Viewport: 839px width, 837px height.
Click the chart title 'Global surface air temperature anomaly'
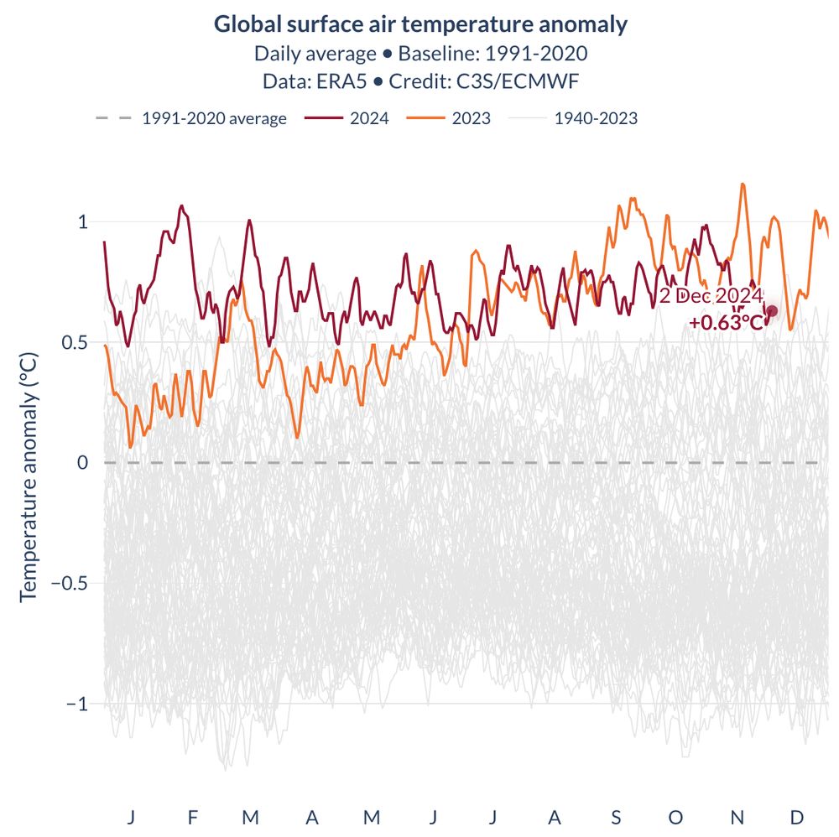pyautogui.click(x=420, y=24)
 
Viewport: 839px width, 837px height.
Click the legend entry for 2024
pyautogui.click(x=368, y=118)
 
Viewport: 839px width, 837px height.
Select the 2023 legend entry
pyautogui.click(x=471, y=118)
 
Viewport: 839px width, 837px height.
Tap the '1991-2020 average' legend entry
pyautogui.click(x=214, y=118)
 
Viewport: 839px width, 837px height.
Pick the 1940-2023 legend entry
pyautogui.click(x=596, y=118)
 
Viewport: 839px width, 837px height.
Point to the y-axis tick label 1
pyautogui.click(x=82, y=222)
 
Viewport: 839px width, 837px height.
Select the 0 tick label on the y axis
pyautogui.click(x=82, y=463)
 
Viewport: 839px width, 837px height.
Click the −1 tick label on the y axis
pyautogui.click(x=77, y=704)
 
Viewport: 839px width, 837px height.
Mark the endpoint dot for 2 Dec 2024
pyautogui.click(x=772, y=311)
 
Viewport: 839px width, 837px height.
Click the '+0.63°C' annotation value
pyautogui.click(x=727, y=322)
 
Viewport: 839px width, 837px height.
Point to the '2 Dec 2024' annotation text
pyautogui.click(x=711, y=296)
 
